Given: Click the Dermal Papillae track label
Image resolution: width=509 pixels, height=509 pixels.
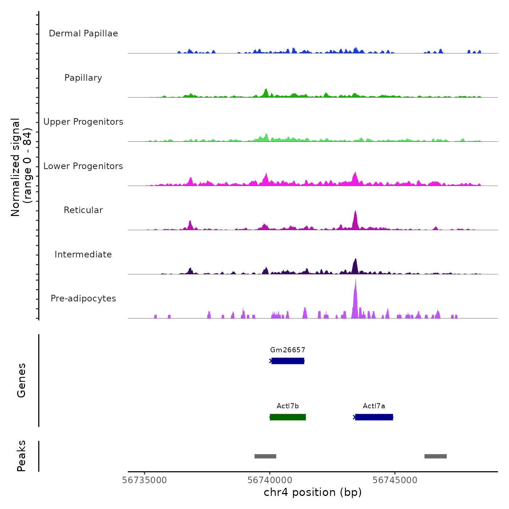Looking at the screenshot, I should pyautogui.click(x=83, y=33).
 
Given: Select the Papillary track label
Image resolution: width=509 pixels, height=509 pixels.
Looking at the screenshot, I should pyautogui.click(x=83, y=78).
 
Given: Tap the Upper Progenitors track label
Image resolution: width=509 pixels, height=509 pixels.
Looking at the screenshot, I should pyautogui.click(x=83, y=122).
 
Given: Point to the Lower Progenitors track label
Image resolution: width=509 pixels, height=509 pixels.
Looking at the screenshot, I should pyautogui.click(x=83, y=166).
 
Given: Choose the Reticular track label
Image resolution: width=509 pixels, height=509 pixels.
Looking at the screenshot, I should pyautogui.click(x=83, y=210).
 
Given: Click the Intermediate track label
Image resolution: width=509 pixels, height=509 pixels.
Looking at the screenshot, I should pyautogui.click(x=83, y=254).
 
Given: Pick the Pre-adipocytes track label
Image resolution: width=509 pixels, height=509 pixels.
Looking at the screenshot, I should pyautogui.click(x=83, y=298).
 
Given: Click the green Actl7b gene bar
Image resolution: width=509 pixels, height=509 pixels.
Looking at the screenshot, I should pyautogui.click(x=288, y=417).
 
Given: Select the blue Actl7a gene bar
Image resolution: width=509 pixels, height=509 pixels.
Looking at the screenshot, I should pyautogui.click(x=374, y=417).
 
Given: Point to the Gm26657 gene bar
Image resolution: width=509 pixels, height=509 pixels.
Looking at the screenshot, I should pyautogui.click(x=288, y=361).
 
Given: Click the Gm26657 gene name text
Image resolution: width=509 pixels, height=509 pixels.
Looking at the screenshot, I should pyautogui.click(x=288, y=350).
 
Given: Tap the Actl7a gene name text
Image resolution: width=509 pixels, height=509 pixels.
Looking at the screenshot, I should pyautogui.click(x=374, y=406).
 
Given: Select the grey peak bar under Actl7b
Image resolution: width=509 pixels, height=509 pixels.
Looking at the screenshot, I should pyautogui.click(x=265, y=456).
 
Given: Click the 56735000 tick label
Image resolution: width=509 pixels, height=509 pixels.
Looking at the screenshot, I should pyautogui.click(x=145, y=480).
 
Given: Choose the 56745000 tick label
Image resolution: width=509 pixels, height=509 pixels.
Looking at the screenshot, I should pyautogui.click(x=395, y=480).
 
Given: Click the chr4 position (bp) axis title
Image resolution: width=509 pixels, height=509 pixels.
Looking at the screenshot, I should pyautogui.click(x=313, y=493).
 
